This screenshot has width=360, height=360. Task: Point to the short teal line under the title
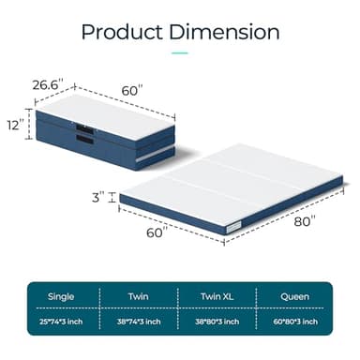(179, 53)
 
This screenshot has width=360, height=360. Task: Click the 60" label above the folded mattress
(131, 90)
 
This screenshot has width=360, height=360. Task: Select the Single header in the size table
(62, 297)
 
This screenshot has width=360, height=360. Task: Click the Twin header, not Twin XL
(139, 297)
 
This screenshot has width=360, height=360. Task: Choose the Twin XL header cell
(217, 297)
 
